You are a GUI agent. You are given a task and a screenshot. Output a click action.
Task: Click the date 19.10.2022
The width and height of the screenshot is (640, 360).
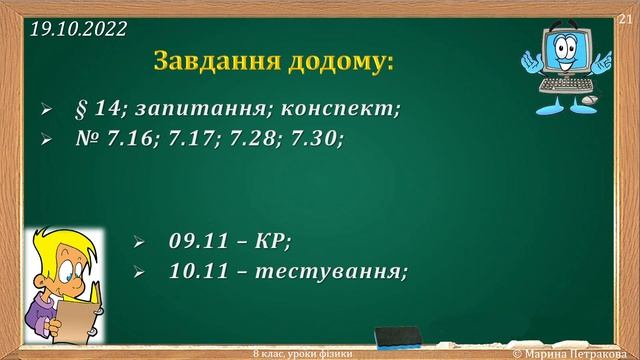point(79,29)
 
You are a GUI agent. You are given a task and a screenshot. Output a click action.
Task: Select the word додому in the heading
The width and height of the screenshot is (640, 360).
point(336,61)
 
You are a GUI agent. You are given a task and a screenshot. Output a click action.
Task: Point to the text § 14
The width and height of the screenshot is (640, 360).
point(96,107)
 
